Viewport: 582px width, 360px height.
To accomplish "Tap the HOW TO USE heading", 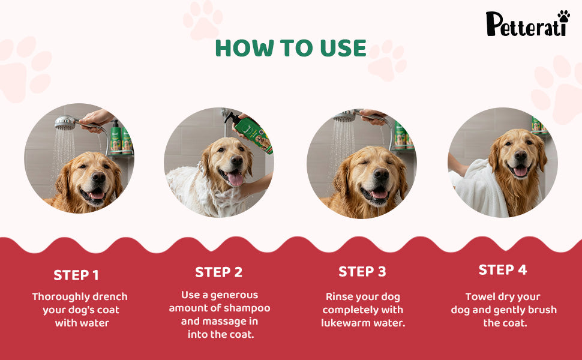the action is point(291,48).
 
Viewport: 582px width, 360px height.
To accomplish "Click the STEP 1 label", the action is point(76,275).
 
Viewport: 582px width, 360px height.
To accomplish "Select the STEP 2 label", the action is point(218,272).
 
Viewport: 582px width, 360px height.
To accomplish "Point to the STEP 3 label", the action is point(362,272).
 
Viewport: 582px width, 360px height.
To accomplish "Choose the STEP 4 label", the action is point(503,270).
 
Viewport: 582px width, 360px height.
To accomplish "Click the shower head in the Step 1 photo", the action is point(65,122).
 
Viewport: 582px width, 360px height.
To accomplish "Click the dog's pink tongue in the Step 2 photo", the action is point(235,179).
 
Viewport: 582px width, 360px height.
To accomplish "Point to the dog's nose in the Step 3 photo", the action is point(381,173).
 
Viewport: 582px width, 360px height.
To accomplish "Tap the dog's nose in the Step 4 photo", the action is point(520,155).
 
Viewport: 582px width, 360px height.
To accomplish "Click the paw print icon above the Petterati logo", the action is point(564,16).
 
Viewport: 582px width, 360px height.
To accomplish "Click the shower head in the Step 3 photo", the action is point(345,117).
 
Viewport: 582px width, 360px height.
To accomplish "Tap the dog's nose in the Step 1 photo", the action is point(98,177).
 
